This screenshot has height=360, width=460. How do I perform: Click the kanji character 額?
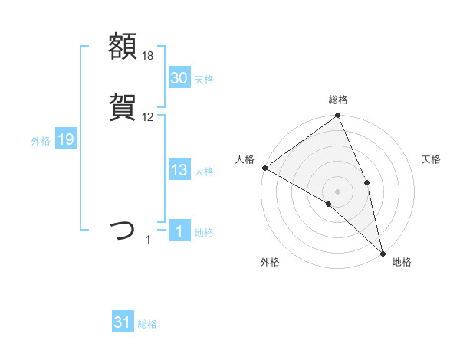click(x=123, y=47)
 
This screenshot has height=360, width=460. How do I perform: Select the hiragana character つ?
click(x=123, y=230)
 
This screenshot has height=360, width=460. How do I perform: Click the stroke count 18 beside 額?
click(x=148, y=56)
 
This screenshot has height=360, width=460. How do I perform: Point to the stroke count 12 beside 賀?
click(x=148, y=117)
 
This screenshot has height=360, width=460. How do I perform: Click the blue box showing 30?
click(x=179, y=78)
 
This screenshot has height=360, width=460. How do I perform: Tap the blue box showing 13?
click(x=179, y=171)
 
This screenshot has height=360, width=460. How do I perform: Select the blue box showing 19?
click(x=66, y=139)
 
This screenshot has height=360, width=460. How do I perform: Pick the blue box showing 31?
click(x=123, y=323)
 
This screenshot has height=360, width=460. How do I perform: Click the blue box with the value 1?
click(x=179, y=232)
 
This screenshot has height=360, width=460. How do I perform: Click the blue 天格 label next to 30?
click(x=204, y=79)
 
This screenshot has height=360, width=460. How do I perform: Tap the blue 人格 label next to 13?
click(x=204, y=172)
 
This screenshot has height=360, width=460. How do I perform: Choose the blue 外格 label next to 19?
click(x=41, y=140)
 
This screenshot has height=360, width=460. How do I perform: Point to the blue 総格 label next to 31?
click(x=147, y=324)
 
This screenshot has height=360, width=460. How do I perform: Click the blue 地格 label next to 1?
click(x=204, y=233)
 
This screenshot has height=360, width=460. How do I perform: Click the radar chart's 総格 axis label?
click(x=338, y=100)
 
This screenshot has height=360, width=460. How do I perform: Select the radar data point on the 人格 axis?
click(x=264, y=168)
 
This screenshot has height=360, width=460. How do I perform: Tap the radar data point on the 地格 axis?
click(x=382, y=252)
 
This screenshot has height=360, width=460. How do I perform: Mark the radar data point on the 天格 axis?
click(x=367, y=182)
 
